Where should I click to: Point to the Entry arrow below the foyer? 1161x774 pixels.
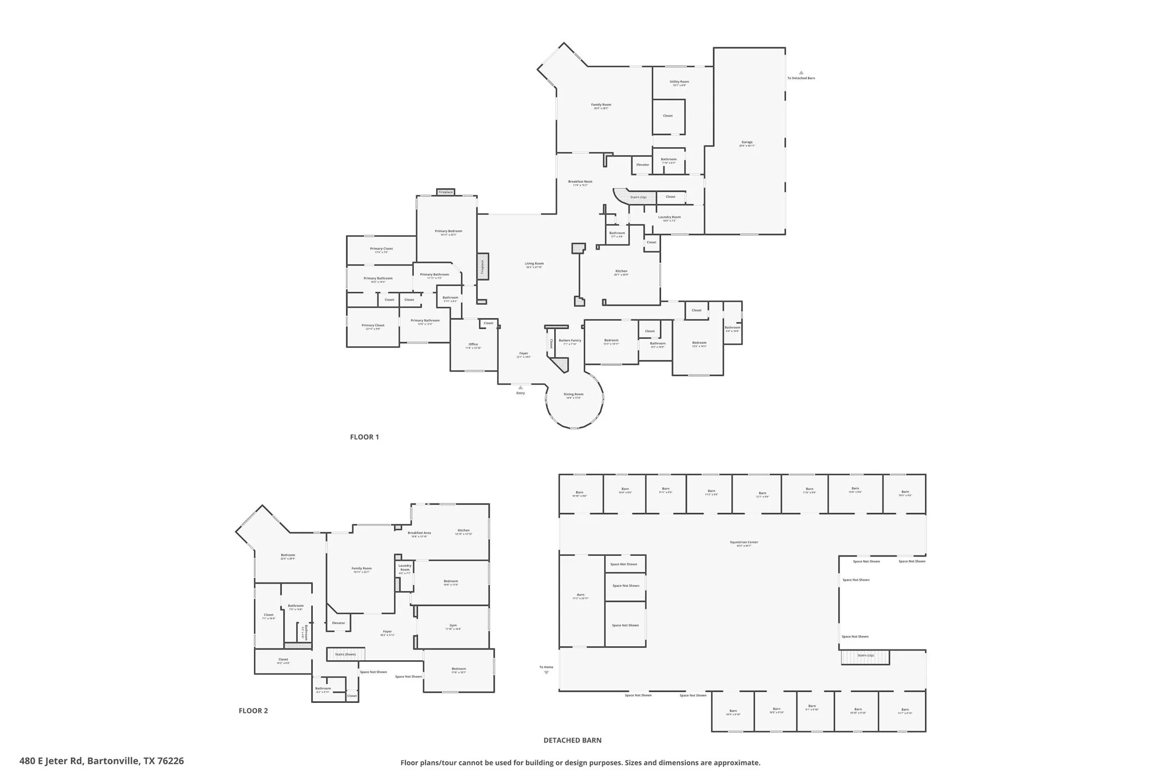[520, 388]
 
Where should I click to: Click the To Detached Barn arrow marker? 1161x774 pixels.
[801, 73]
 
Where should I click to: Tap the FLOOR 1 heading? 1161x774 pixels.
[364, 437]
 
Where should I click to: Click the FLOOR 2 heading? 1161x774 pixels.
[253, 710]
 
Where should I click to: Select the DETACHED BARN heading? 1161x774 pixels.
[572, 740]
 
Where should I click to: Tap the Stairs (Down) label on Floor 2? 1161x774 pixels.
[345, 654]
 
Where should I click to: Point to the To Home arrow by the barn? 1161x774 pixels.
[546, 672]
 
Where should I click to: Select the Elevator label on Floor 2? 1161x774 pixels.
[338, 623]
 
